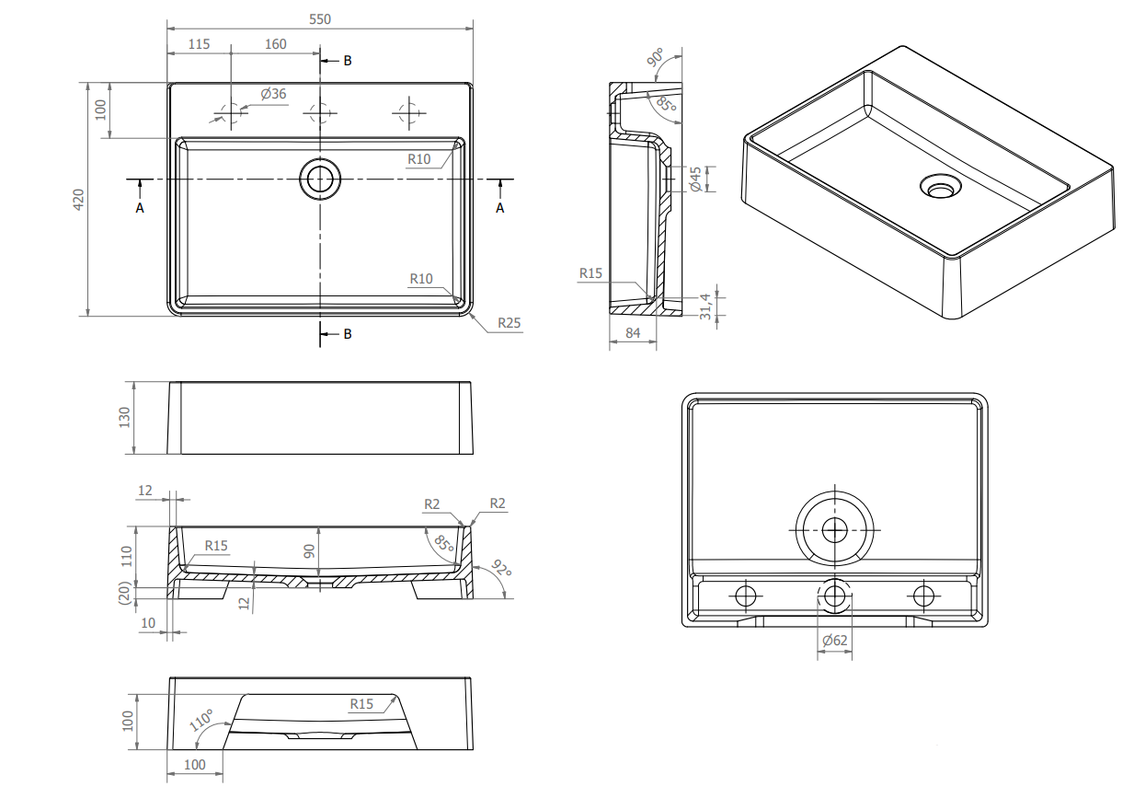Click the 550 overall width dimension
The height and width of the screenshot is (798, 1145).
pyautogui.click(x=320, y=19)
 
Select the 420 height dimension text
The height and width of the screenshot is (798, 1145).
pyautogui.click(x=78, y=200)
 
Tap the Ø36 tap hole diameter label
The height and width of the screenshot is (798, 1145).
pyautogui.click(x=273, y=94)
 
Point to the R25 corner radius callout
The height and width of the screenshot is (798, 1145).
pyautogui.click(x=510, y=323)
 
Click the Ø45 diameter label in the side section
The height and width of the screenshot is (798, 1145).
pyautogui.click(x=695, y=179)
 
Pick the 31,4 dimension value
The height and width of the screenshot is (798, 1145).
pyautogui.click(x=705, y=306)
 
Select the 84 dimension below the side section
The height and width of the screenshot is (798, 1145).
pyautogui.click(x=633, y=333)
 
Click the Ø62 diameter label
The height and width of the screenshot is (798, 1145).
pyautogui.click(x=835, y=640)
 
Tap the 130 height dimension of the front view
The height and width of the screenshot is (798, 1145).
pyautogui.click(x=124, y=418)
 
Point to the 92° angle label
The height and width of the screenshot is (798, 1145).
pyautogui.click(x=501, y=568)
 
